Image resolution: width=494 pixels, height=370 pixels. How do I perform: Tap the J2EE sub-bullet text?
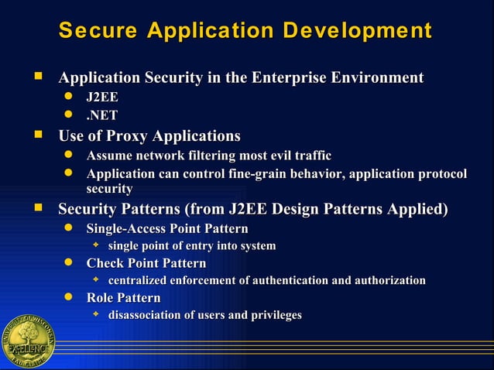coord(102,98)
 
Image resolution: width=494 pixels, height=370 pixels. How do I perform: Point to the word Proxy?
coord(125,137)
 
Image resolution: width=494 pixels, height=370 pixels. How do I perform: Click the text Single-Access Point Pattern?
coord(167,228)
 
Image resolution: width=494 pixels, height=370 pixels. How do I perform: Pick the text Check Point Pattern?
coord(146,263)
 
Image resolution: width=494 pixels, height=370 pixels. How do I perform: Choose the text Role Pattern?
coord(124,298)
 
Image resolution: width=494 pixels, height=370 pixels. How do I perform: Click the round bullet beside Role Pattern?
coord(69,297)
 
